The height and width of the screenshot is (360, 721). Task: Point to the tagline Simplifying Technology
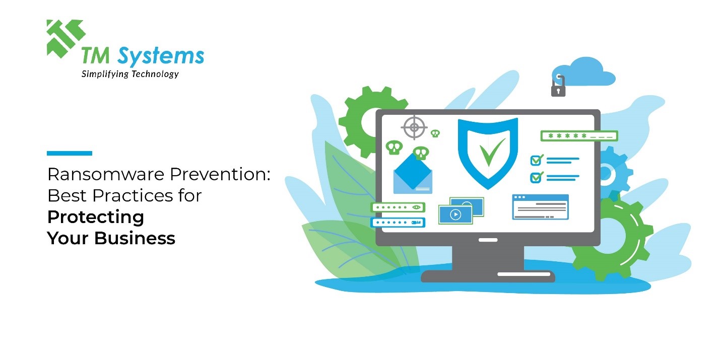tap(130, 74)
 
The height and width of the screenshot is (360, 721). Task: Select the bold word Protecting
tap(96, 217)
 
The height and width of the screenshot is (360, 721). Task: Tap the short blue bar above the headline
tap(70, 153)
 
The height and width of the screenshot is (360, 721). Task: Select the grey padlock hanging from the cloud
tap(558, 89)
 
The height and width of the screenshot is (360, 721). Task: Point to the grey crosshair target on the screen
tap(414, 127)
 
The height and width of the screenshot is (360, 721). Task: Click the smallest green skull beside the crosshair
tap(435, 133)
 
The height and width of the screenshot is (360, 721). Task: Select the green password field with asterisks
tap(579, 136)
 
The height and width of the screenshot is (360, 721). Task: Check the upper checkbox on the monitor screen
tap(536, 161)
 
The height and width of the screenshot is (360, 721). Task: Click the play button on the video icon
tap(455, 214)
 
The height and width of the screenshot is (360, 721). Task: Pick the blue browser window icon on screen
tap(540, 207)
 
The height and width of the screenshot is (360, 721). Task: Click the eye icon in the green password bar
tap(416, 207)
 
